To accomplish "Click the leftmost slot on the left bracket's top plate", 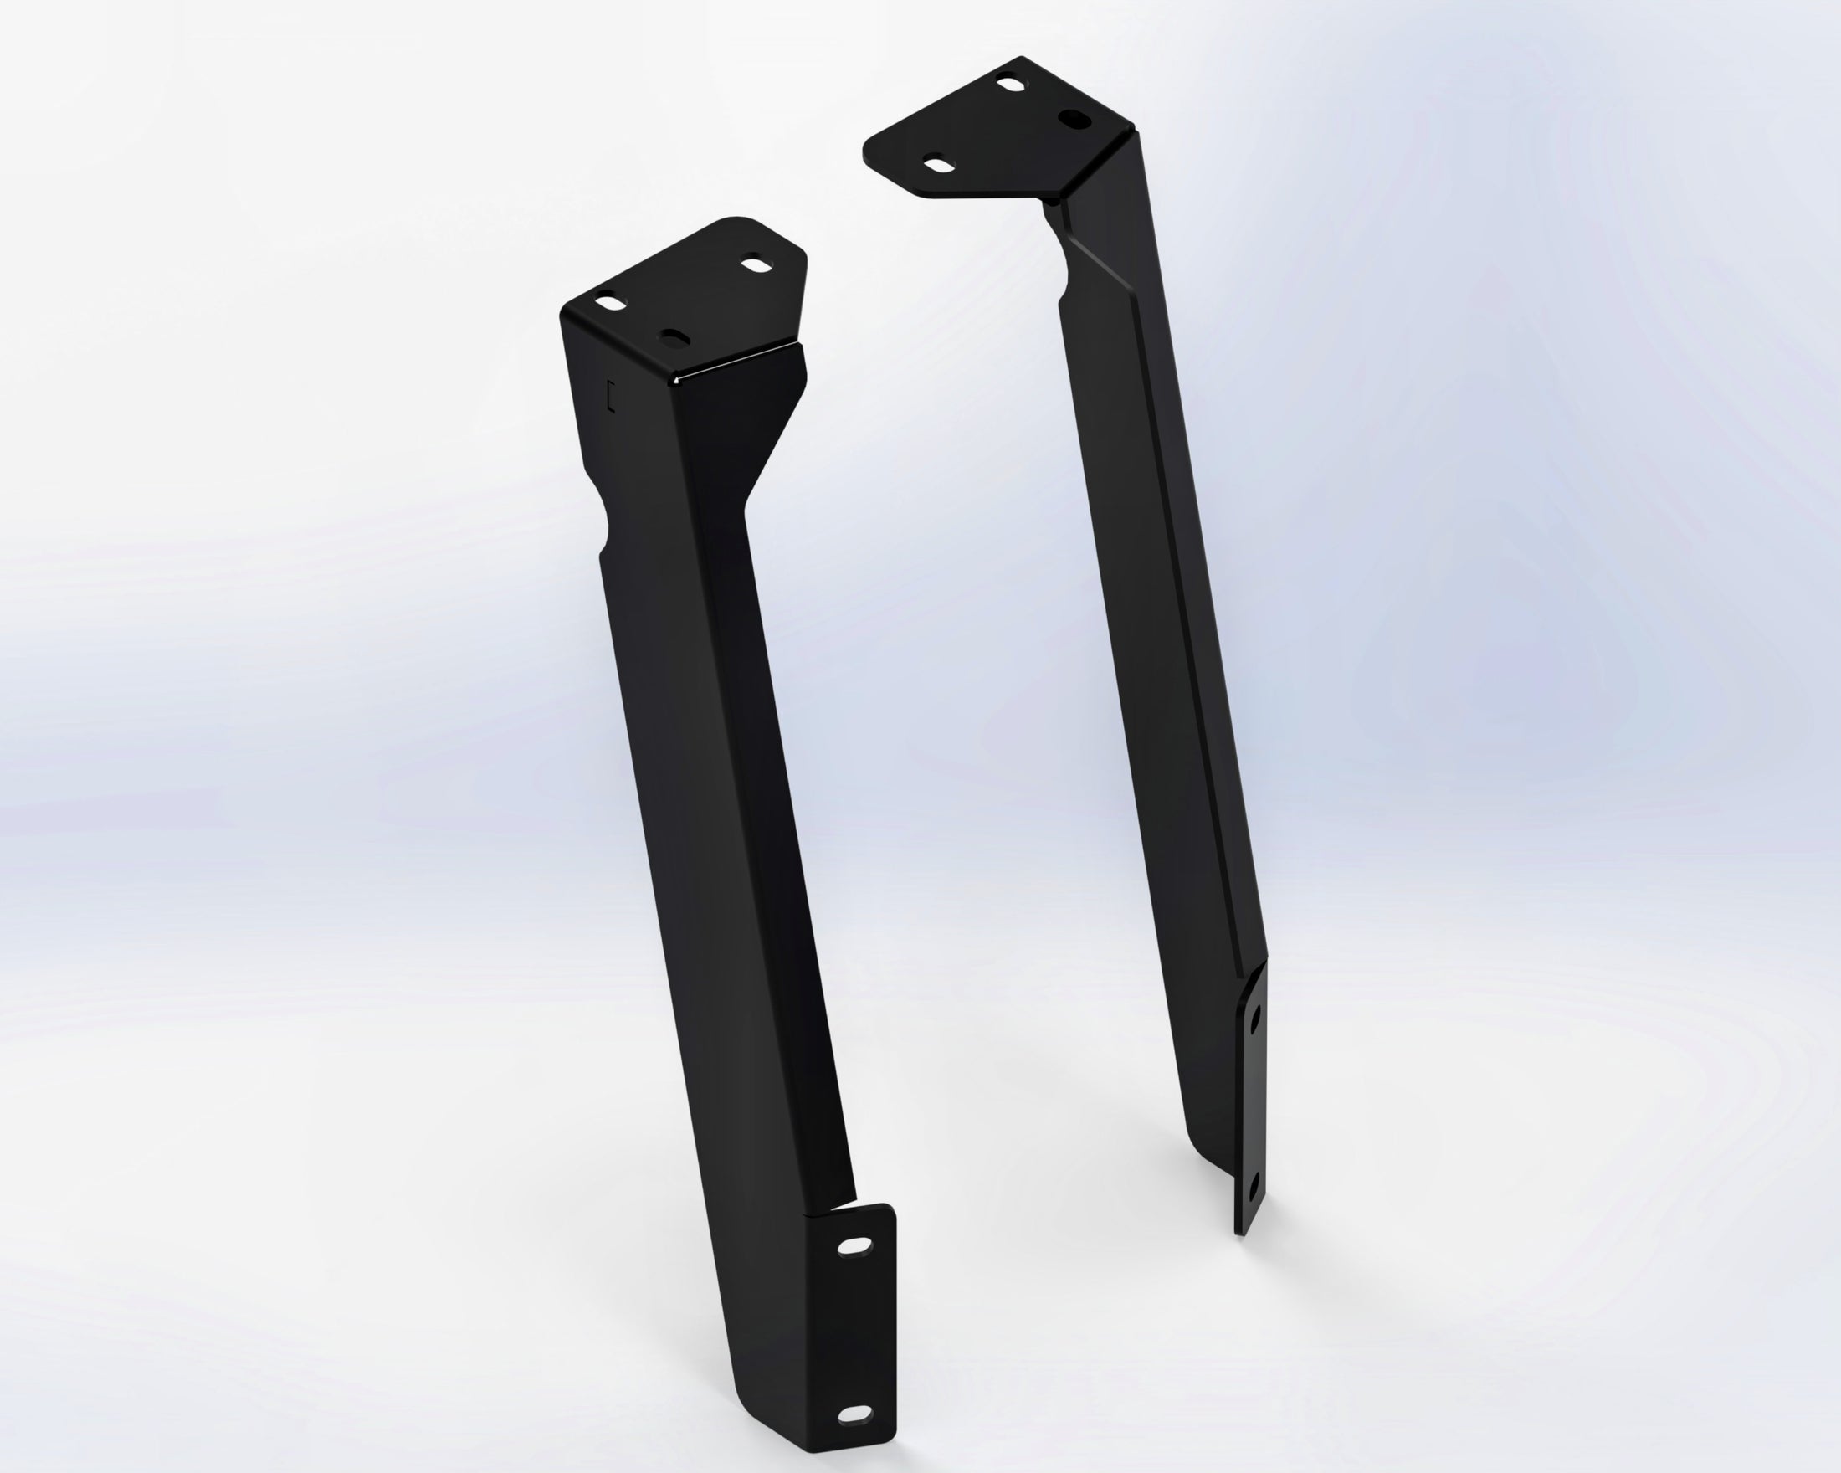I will click(610, 302).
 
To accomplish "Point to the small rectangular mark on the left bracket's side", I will click(609, 395).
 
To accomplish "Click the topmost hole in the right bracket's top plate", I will click(1011, 86).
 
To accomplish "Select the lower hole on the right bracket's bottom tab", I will click(1252, 1187).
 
